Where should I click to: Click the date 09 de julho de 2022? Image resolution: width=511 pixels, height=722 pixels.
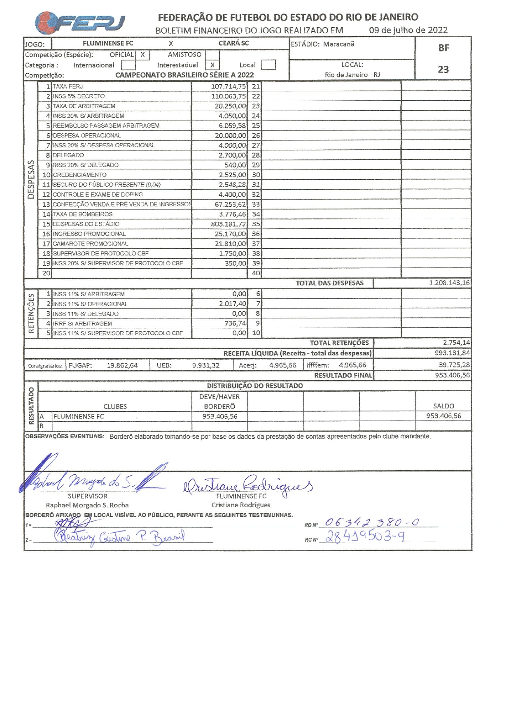[408, 30]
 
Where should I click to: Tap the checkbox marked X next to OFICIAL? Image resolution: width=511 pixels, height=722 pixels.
[142, 55]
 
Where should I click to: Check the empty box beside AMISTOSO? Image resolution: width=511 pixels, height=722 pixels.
[212, 55]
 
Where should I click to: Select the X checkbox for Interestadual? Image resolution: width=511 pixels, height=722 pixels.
[212, 65]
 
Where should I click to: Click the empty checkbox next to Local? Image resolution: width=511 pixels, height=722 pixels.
[268, 65]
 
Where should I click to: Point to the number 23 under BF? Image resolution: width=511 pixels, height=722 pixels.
[443, 69]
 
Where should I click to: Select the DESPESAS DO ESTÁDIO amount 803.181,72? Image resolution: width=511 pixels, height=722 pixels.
[228, 224]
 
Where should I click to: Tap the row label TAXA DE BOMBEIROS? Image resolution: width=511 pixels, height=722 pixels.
[82, 214]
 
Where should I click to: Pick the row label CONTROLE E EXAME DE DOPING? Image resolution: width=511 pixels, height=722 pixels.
[98, 195]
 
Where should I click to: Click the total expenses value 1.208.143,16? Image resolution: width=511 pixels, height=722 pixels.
[449, 283]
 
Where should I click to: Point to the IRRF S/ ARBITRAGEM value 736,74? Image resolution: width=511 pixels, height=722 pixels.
[235, 324]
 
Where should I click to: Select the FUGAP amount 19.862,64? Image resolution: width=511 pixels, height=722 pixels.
[122, 365]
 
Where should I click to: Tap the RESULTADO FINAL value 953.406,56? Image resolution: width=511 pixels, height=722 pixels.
[452, 375]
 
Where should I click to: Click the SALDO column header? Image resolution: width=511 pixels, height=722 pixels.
[443, 406]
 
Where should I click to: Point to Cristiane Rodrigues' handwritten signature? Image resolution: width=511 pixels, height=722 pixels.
[247, 485]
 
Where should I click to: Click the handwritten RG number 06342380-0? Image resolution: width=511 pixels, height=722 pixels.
[371, 522]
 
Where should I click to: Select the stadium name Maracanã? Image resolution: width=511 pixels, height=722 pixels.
[338, 44]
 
